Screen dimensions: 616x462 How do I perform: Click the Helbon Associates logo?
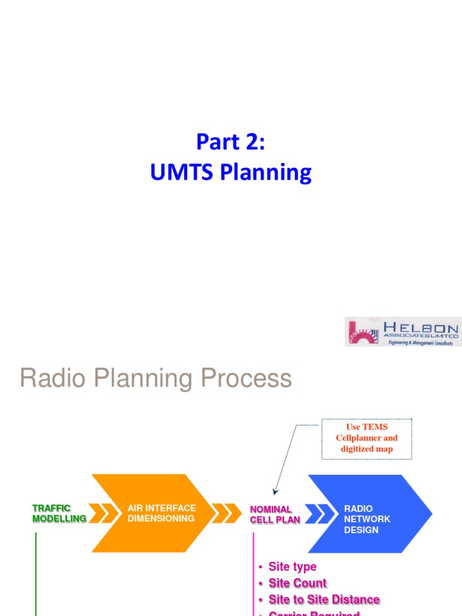click(402, 331)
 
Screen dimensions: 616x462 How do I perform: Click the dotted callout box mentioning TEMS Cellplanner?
click(366, 439)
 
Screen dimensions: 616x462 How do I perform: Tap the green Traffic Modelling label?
click(59, 513)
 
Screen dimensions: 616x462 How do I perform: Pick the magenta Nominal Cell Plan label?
click(274, 514)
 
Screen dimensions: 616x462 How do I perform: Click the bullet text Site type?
click(292, 567)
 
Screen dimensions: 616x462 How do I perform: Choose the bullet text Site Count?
click(297, 583)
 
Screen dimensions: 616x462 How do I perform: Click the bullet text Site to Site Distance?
click(324, 600)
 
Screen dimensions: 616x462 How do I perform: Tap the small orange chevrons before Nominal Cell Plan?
click(227, 513)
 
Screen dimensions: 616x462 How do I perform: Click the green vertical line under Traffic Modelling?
click(37, 571)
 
